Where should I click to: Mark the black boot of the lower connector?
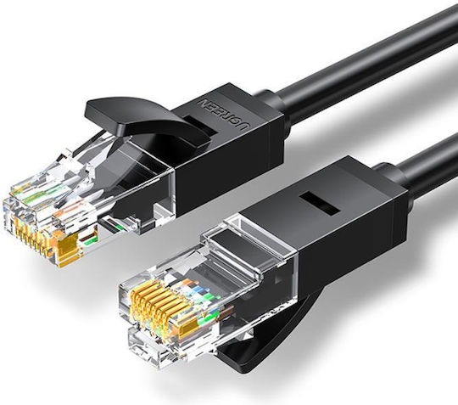[322, 229]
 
